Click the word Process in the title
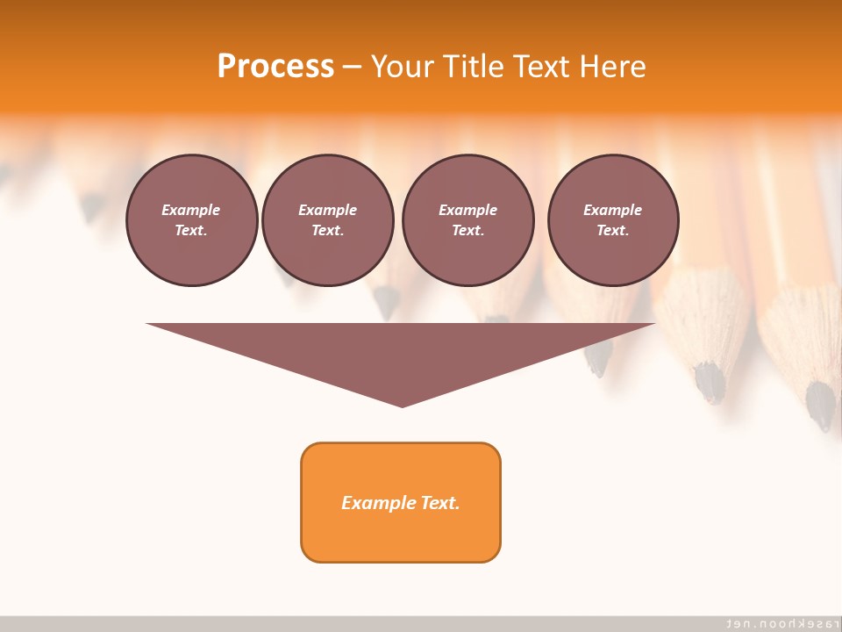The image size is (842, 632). pyautogui.click(x=275, y=67)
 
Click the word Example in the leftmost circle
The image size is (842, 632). pyautogui.click(x=191, y=210)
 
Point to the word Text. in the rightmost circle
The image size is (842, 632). pyautogui.click(x=613, y=230)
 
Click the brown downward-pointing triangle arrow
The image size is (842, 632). pyautogui.click(x=401, y=351)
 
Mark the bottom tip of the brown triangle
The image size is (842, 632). pyautogui.click(x=402, y=405)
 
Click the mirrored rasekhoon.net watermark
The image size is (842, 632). pyautogui.click(x=775, y=622)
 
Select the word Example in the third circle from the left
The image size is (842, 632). pyautogui.click(x=467, y=210)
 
